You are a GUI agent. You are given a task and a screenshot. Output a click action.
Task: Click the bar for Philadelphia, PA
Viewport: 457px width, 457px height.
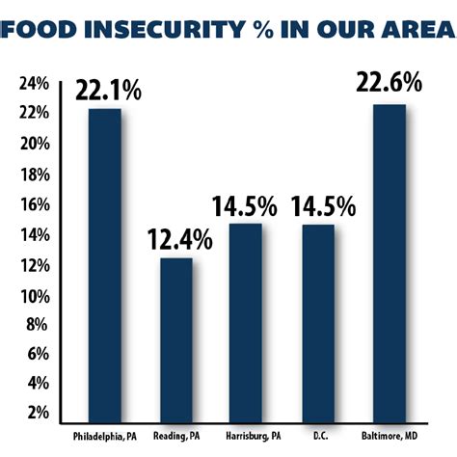point(104,265)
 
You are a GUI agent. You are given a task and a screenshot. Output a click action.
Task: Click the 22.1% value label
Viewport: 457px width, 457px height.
point(109,92)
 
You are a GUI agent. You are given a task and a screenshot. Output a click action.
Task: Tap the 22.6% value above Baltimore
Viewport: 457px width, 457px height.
point(390,84)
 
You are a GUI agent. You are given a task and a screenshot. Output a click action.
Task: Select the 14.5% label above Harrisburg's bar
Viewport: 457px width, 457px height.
point(245,206)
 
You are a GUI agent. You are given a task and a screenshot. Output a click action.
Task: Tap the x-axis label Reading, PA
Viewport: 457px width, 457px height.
point(175,436)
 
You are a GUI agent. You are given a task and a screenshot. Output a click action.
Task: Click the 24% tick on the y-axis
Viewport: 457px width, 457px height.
point(34,83)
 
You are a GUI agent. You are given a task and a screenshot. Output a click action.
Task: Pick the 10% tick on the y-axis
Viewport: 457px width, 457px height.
point(34,293)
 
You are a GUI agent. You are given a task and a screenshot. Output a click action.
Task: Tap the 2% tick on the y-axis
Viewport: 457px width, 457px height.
point(37,414)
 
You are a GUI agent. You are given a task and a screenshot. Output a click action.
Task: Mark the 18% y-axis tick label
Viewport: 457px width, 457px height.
point(34,174)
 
